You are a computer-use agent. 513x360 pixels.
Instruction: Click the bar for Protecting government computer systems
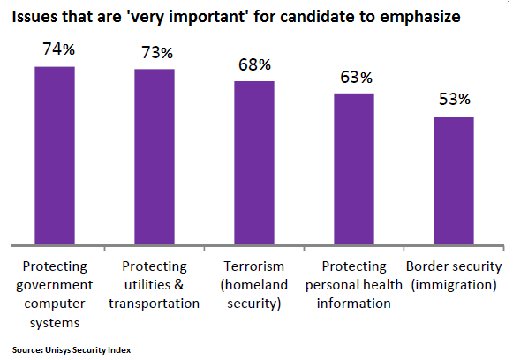[55, 155]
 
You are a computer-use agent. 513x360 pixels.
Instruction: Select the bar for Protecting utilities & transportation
[155, 157]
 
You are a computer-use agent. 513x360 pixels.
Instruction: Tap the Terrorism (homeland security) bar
[254, 163]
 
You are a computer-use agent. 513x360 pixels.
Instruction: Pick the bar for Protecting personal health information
[354, 169]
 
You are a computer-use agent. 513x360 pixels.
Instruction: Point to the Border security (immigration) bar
[454, 181]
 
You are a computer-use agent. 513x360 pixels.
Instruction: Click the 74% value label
[59, 49]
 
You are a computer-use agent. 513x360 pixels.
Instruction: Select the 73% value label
[157, 53]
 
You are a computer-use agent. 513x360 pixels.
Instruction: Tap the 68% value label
[254, 64]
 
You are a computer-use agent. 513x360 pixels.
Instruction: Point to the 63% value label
[357, 77]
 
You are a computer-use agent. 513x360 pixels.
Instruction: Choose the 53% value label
[455, 99]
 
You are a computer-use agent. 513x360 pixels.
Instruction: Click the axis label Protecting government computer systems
[55, 295]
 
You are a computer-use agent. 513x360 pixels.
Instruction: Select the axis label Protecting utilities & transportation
[155, 285]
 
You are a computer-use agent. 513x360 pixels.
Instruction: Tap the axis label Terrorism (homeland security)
[254, 285]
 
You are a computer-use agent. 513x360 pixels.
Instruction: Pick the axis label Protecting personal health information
[354, 285]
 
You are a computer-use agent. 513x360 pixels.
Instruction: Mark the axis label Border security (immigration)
[454, 275]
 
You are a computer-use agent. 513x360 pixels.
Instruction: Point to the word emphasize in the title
[419, 18]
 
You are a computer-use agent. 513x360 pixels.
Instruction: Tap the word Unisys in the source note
[57, 350]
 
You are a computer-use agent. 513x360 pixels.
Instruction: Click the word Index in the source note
[122, 350]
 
